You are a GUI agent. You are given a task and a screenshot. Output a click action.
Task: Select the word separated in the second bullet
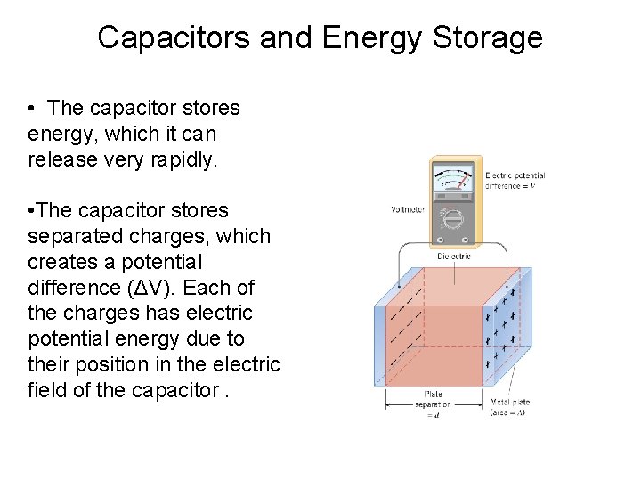click(72, 237)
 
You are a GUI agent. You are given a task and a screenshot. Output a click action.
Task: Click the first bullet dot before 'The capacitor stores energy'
click(31, 108)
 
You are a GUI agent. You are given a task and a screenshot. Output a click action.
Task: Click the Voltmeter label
click(407, 210)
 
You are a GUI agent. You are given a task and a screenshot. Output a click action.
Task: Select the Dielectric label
click(454, 257)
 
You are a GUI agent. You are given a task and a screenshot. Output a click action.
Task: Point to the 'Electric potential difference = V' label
click(515, 181)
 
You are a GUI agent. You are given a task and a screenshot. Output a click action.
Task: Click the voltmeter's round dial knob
click(454, 218)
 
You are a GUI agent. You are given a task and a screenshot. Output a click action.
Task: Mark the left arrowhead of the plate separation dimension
click(387, 404)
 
